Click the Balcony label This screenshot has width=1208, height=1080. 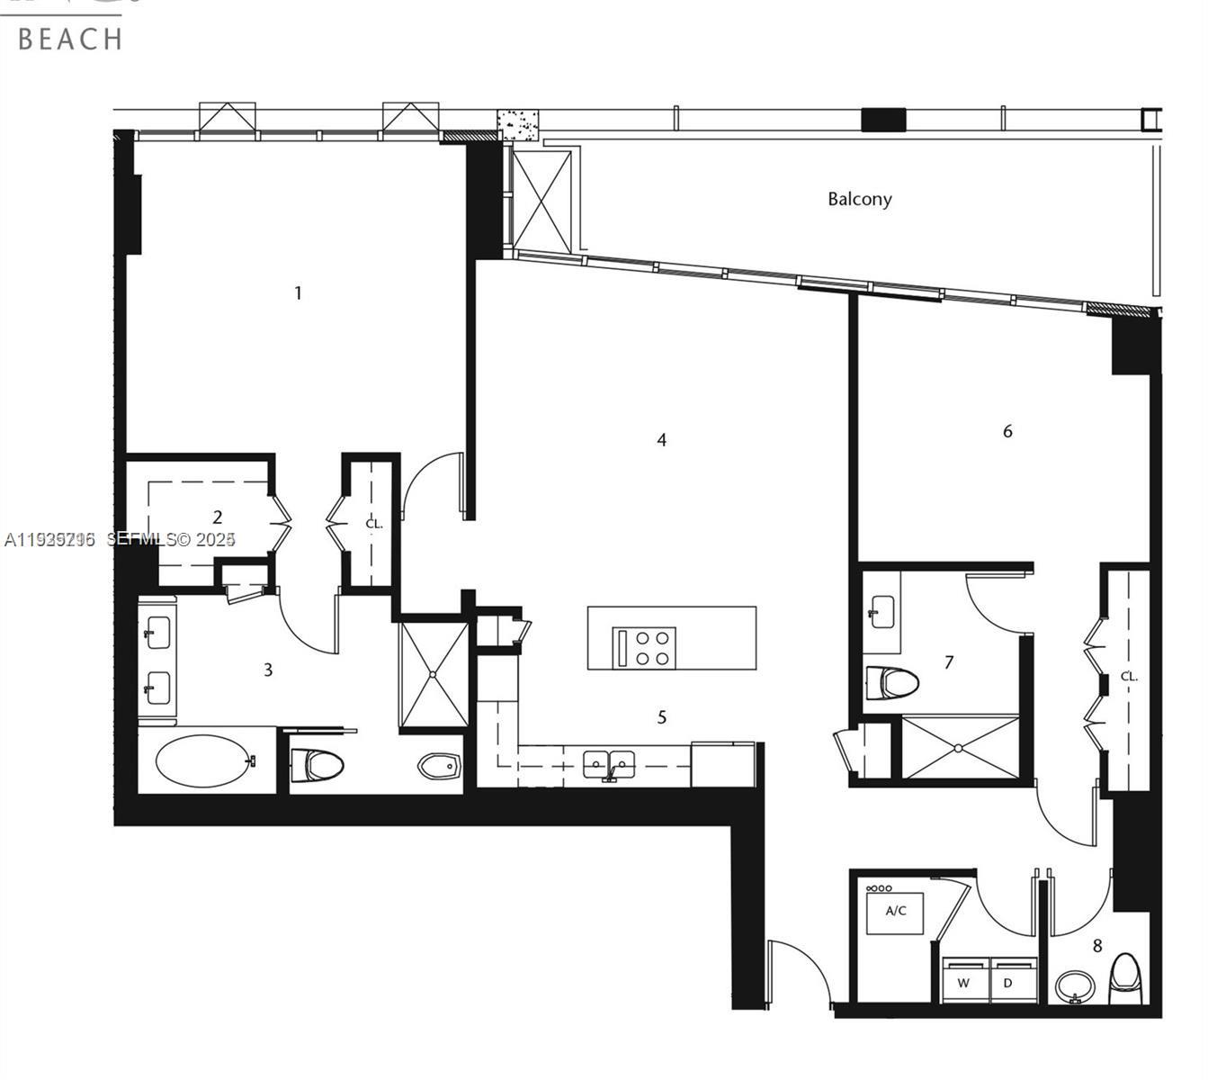point(859,199)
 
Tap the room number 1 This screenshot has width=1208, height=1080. point(298,292)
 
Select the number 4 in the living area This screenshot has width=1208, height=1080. point(662,440)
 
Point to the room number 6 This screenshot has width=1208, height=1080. point(1007,431)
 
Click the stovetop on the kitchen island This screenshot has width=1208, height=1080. point(645,647)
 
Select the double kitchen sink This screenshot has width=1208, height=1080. point(609,764)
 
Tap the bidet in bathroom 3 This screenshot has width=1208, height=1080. point(440,766)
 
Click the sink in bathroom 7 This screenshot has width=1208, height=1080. point(881,611)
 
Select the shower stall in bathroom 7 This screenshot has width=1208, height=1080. point(960,747)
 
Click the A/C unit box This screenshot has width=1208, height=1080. point(896,911)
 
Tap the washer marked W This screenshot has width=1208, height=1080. point(964,983)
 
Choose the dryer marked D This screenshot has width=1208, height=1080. point(1009,983)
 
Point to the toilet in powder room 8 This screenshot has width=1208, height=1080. point(1125,977)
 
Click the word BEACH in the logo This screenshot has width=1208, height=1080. point(69,39)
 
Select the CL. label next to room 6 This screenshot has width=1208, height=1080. point(1129,676)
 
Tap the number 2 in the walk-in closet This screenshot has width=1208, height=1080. point(217,517)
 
